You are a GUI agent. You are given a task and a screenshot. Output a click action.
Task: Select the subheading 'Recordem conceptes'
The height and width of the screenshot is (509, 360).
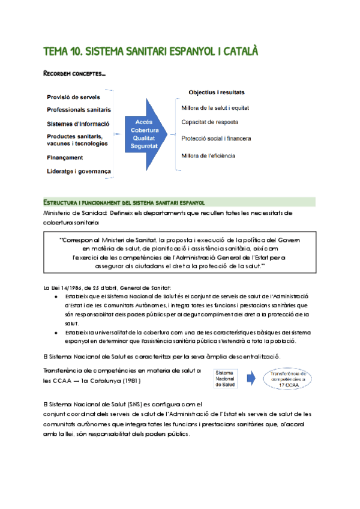[74, 74]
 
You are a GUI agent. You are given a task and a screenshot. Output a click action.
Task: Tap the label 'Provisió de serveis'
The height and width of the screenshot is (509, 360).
[73, 97]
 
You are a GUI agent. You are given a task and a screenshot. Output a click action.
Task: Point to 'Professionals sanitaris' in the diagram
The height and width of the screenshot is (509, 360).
[79, 110]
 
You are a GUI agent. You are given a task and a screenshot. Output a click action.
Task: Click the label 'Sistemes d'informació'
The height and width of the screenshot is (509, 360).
[78, 124]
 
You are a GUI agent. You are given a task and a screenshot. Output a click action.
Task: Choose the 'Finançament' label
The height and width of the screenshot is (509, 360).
[65, 158]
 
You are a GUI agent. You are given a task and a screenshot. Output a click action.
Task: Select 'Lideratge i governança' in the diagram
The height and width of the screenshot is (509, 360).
[79, 172]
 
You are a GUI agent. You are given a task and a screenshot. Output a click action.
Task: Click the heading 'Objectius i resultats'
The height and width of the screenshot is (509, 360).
[216, 93]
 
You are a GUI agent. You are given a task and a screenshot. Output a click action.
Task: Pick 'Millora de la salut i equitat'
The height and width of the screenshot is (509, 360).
[215, 108]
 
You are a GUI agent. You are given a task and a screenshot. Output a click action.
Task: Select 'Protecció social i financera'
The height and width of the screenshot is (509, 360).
[216, 139]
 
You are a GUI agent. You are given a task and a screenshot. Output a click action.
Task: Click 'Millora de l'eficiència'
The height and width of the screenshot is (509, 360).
[208, 156]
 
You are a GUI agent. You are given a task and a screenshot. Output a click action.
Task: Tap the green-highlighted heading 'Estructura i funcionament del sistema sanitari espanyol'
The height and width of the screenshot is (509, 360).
[124, 202]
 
